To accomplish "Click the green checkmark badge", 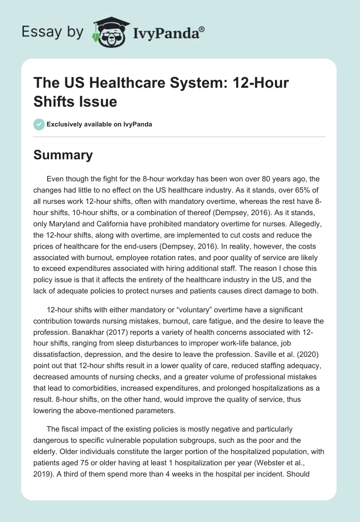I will click(40, 124).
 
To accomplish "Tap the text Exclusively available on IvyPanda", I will click(99, 124).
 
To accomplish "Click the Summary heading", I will click(63, 155).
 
